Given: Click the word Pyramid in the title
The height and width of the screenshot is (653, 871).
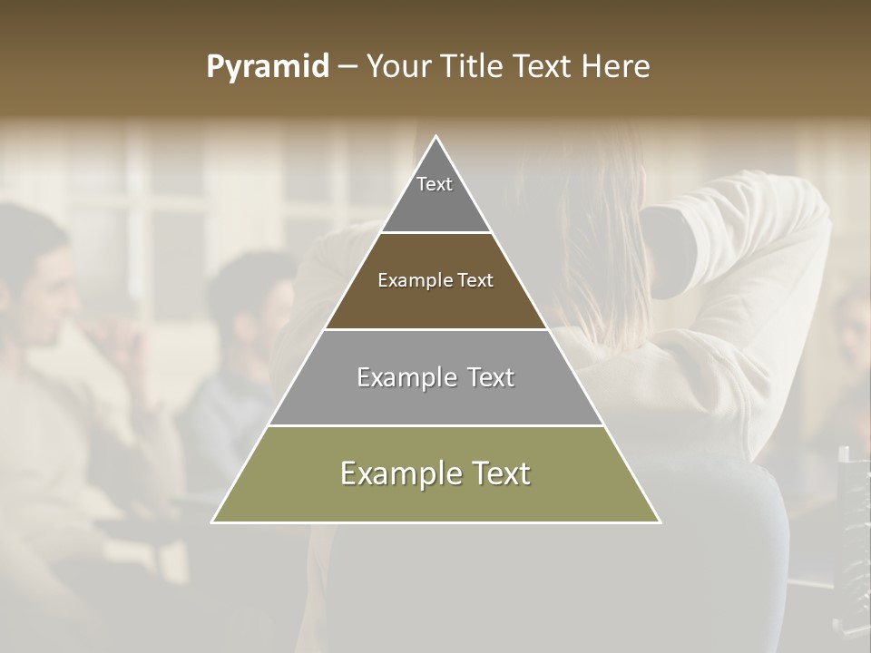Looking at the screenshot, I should tap(267, 67).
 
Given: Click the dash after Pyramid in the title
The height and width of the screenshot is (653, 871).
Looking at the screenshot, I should tap(347, 67).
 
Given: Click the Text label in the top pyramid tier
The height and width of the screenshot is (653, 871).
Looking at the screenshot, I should tap(435, 184).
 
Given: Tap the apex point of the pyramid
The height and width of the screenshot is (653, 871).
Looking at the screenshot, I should tap(436, 137).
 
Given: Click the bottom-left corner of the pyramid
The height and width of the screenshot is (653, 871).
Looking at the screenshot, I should tap(213, 521).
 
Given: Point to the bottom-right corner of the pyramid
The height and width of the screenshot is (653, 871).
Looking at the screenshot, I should tap(660, 521).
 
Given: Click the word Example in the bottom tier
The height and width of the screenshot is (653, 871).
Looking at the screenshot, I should tap(392, 473).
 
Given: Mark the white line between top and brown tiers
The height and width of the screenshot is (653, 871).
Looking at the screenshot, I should tap(435, 233).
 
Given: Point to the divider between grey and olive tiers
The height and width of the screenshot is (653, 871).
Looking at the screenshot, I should tap(435, 425).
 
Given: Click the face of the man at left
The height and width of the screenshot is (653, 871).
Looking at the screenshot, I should tap(45, 281).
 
